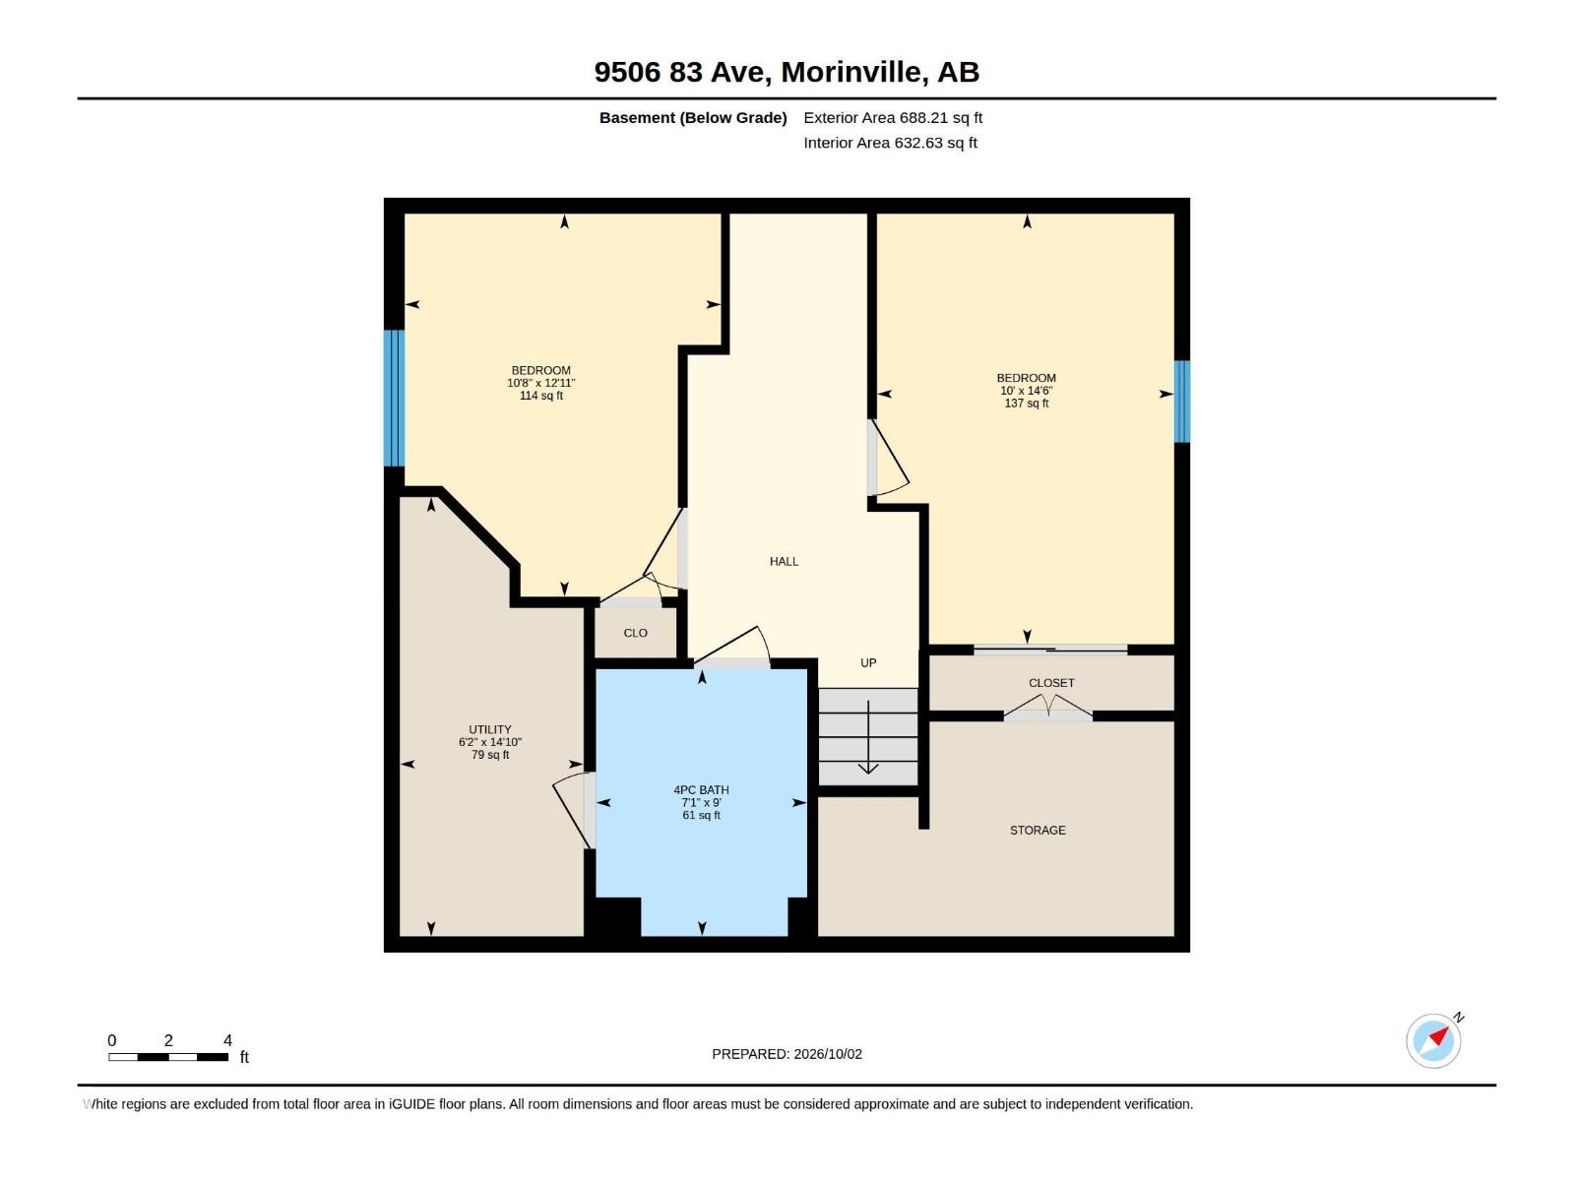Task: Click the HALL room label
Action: pyautogui.click(x=784, y=561)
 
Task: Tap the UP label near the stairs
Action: pyautogui.click(x=868, y=662)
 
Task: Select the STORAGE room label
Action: pyautogui.click(x=1038, y=830)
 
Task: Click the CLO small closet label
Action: pyautogui.click(x=635, y=633)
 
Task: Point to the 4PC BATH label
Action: pyautogui.click(x=701, y=789)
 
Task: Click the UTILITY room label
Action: pyautogui.click(x=490, y=729)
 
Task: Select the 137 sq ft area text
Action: pyautogui.click(x=1026, y=403)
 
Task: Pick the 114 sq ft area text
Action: pyautogui.click(x=541, y=395)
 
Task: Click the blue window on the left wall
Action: pyautogui.click(x=394, y=398)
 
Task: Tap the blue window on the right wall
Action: pyautogui.click(x=1181, y=402)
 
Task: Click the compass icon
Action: pyautogui.click(x=1433, y=1039)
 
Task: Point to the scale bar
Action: pyautogui.click(x=168, y=1057)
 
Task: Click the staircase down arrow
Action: pyautogui.click(x=868, y=737)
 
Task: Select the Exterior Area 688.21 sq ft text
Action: pyautogui.click(x=893, y=117)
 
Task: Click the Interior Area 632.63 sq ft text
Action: pyautogui.click(x=890, y=143)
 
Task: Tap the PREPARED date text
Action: pyautogui.click(x=787, y=1054)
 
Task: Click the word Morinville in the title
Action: pyautogui.click(x=851, y=72)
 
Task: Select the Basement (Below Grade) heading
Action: pyautogui.click(x=693, y=117)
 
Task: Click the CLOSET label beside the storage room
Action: pyautogui.click(x=1051, y=683)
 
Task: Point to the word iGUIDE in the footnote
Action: pyautogui.click(x=411, y=1104)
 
